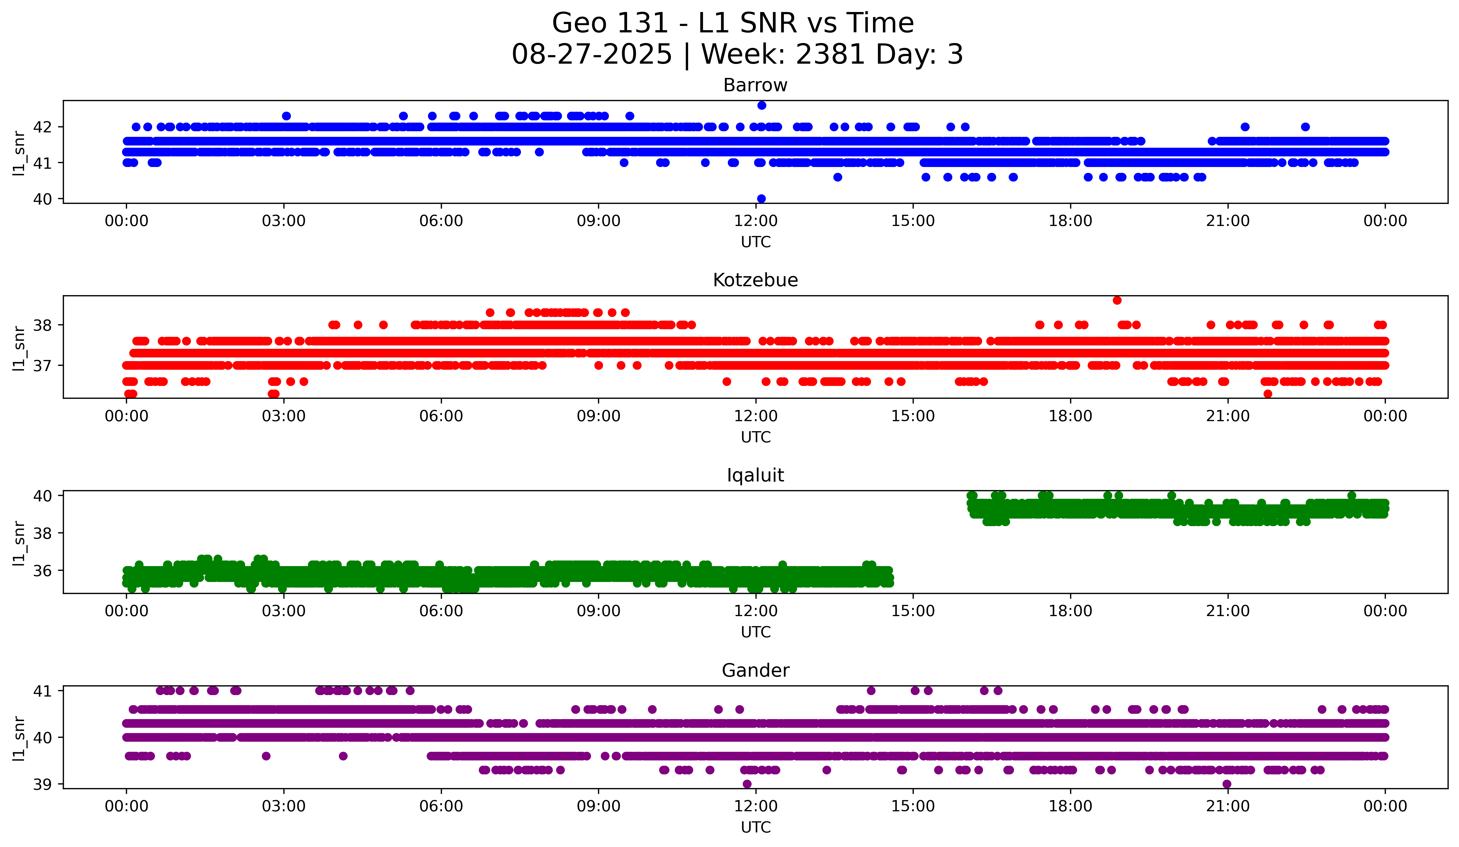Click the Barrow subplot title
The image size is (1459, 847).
[755, 85]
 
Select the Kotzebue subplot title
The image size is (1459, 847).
[755, 280]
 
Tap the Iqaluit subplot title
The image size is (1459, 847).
[755, 475]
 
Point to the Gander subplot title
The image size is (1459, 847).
[755, 671]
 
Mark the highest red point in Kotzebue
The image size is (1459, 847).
[1117, 300]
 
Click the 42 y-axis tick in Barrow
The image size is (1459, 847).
[42, 127]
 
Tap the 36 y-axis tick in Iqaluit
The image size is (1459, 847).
[42, 571]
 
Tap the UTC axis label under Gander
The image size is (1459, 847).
[755, 827]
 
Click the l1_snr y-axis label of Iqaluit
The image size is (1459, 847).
[19, 543]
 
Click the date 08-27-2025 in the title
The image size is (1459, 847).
[592, 54]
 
